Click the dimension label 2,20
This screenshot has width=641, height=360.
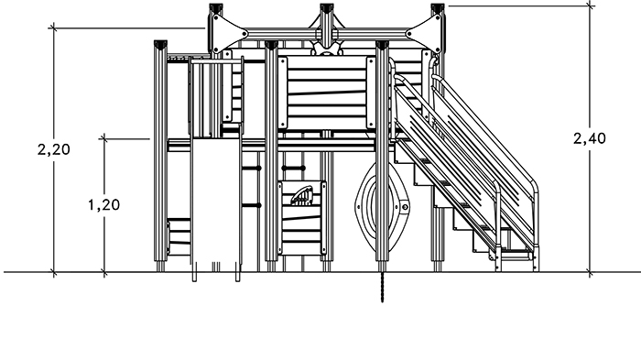53,149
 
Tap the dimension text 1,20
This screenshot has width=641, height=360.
103,204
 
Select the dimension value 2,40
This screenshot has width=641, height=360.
590,138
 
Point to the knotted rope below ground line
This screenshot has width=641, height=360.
382,288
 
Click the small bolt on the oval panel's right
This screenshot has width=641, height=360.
405,207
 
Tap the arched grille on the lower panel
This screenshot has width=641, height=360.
301,196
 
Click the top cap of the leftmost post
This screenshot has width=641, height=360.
160,44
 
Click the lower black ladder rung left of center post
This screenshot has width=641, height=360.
251,205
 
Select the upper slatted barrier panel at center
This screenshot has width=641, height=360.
327,93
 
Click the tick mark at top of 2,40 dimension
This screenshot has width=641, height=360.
590,5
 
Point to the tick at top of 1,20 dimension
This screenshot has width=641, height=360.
104,138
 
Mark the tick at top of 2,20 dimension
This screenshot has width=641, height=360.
53,27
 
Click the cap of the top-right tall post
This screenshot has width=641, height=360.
438,7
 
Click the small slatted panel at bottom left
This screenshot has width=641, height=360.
179,237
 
